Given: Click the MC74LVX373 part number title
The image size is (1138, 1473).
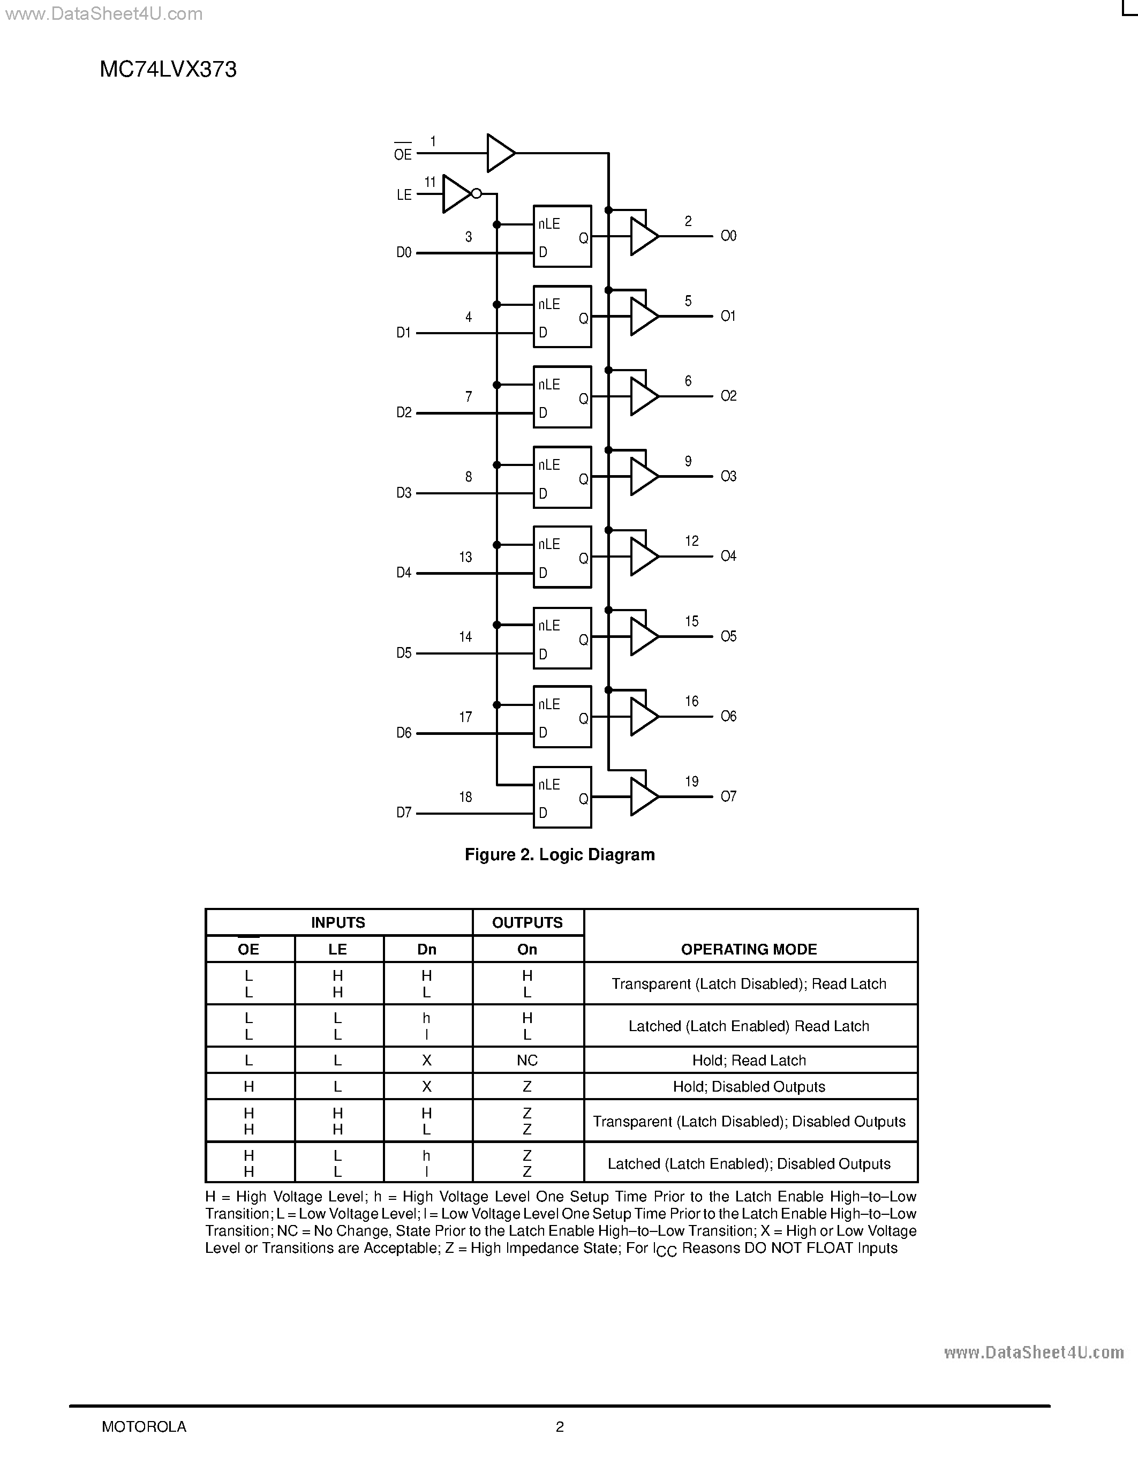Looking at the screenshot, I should (x=168, y=70).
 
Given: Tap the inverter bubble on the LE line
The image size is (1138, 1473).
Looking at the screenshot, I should (x=476, y=193).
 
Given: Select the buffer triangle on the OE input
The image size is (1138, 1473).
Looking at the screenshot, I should (x=500, y=153).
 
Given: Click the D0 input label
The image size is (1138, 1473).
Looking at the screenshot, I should (x=404, y=253).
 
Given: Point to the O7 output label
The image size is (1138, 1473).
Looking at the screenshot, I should (x=728, y=796).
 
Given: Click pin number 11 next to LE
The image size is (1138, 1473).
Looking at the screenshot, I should (x=430, y=182).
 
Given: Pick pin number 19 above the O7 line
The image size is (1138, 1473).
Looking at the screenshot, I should (x=692, y=781).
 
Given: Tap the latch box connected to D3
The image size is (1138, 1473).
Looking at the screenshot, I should (x=562, y=477).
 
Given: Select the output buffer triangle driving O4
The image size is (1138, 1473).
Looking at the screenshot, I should (x=643, y=557).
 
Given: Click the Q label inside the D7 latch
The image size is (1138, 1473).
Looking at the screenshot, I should (x=584, y=799).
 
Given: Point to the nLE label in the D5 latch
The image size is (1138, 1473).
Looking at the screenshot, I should (x=549, y=625).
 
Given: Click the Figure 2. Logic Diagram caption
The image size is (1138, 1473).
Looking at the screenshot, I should (x=560, y=855).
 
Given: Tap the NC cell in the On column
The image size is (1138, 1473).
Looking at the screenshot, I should (x=527, y=1060).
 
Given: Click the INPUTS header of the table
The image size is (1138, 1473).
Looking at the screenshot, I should (x=338, y=923).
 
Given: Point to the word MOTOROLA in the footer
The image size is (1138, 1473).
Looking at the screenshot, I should (x=144, y=1426).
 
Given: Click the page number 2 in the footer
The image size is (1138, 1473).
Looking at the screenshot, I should (x=560, y=1426).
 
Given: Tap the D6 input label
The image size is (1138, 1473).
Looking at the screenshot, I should (x=404, y=733).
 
